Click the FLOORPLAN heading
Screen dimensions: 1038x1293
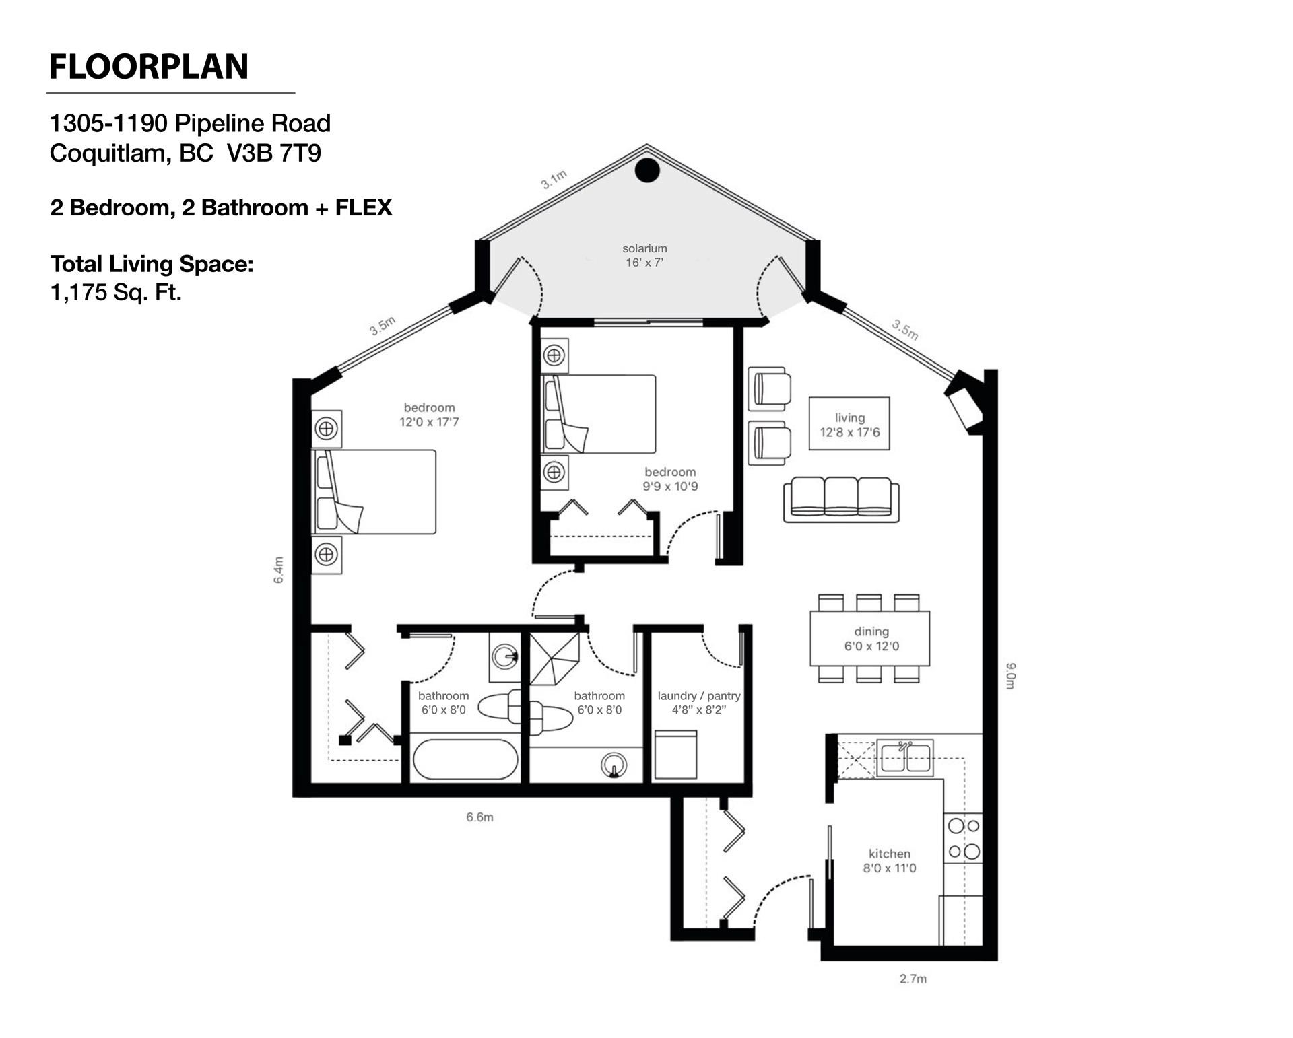pyautogui.click(x=149, y=67)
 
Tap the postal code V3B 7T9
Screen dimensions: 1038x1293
pyautogui.click(x=274, y=153)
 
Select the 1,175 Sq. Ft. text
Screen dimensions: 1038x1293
pyautogui.click(x=116, y=293)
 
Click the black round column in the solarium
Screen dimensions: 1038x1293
pyautogui.click(x=647, y=170)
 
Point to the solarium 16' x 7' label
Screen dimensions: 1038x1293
pyautogui.click(x=644, y=256)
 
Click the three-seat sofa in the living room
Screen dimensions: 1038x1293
pyautogui.click(x=840, y=499)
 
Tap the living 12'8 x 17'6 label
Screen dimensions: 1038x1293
pyautogui.click(x=849, y=425)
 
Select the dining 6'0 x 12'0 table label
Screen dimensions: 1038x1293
pyautogui.click(x=871, y=639)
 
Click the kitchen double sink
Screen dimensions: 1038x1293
pyautogui.click(x=904, y=758)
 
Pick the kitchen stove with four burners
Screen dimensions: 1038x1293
pyautogui.click(x=963, y=838)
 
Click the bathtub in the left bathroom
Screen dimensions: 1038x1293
pyautogui.click(x=465, y=760)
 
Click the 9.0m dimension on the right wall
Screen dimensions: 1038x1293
pyautogui.click(x=1009, y=676)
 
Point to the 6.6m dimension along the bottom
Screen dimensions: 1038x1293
pyautogui.click(x=479, y=817)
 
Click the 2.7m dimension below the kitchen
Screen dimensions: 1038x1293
pyautogui.click(x=913, y=979)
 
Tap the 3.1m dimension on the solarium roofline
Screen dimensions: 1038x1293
pyautogui.click(x=554, y=180)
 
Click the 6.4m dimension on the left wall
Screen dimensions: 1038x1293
pyautogui.click(x=279, y=569)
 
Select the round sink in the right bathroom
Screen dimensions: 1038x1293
pyautogui.click(x=614, y=765)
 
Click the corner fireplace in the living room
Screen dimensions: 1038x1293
pyautogui.click(x=964, y=404)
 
